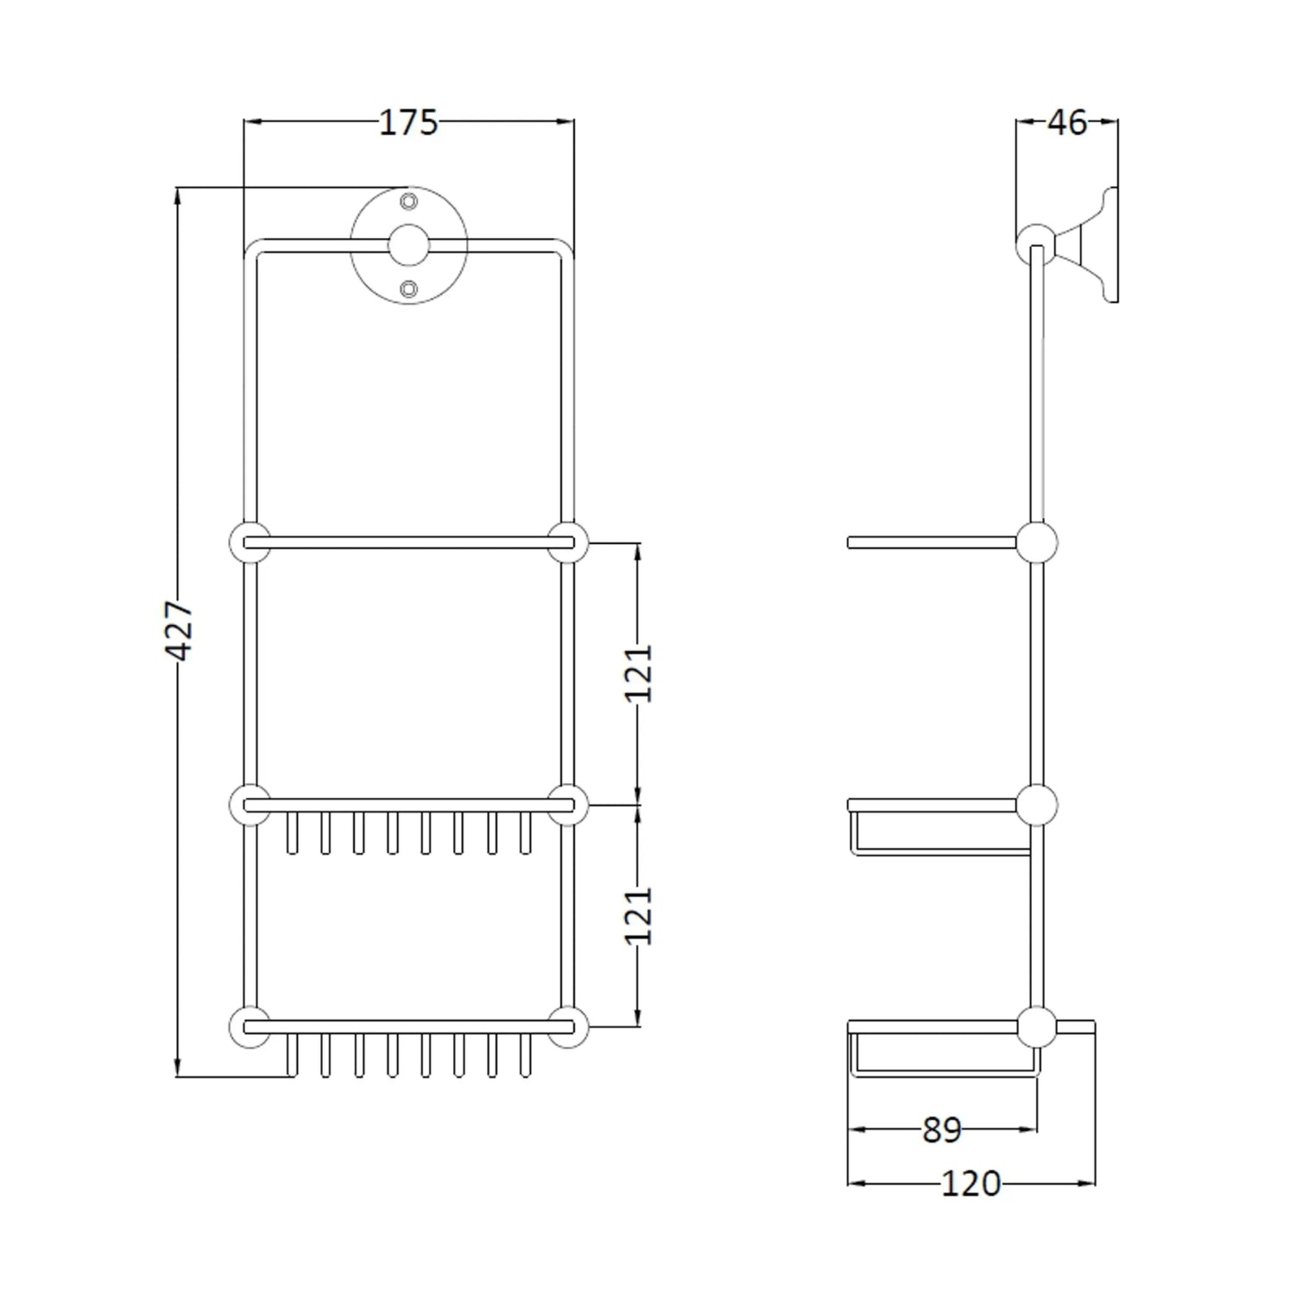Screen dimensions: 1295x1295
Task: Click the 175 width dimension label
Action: (x=408, y=123)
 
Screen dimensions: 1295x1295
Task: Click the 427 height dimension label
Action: (x=180, y=631)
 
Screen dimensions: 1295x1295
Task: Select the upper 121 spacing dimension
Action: (x=639, y=673)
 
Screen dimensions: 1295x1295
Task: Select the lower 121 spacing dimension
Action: (x=639, y=915)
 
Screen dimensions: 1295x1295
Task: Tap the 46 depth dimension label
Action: (x=1067, y=123)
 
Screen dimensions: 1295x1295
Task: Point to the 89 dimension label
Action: (x=942, y=1129)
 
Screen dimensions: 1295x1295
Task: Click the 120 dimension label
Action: (x=971, y=1184)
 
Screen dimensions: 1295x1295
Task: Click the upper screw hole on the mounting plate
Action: (x=409, y=202)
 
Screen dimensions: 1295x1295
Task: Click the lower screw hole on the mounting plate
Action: (x=409, y=288)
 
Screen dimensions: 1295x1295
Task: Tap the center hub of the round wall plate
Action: (x=409, y=245)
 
